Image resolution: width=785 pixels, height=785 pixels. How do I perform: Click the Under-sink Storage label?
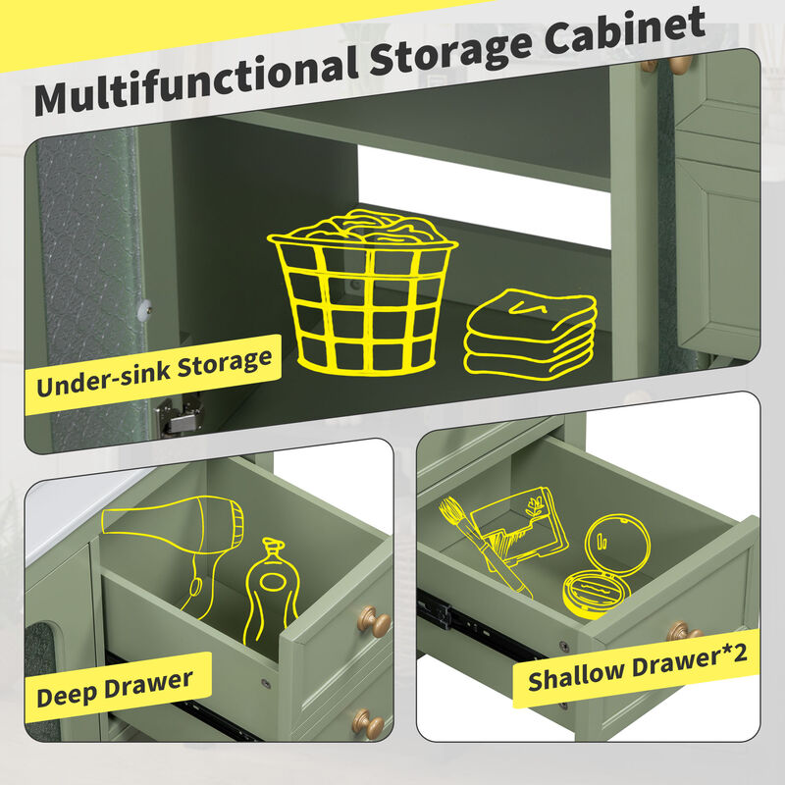(154, 370)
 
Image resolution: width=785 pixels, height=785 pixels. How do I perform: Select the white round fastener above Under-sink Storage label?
(147, 307)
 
